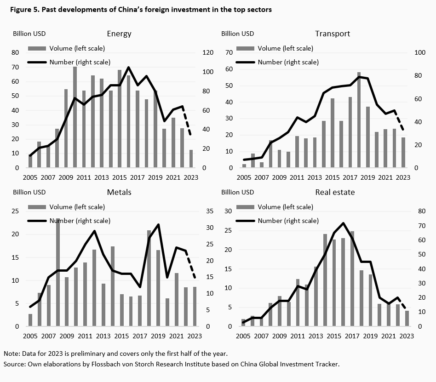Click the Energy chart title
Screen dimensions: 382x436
coord(119,34)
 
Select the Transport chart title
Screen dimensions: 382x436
coord(333,34)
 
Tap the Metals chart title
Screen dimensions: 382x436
coord(119,192)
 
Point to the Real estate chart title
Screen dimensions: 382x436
coord(335,192)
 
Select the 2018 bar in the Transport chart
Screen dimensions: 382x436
coord(359,120)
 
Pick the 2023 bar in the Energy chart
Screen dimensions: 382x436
coord(191,159)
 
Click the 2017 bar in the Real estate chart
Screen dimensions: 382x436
coord(352,279)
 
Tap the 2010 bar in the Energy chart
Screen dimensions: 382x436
coord(75,117)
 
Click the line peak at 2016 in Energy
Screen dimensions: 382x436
coord(128,68)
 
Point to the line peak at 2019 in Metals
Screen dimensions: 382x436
coord(158,225)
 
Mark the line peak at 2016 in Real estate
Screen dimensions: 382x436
coord(343,223)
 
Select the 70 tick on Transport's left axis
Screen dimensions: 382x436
coord(229,53)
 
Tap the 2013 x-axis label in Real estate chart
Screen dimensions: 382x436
coord(315,336)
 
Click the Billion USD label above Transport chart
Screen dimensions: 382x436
coord(237,34)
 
